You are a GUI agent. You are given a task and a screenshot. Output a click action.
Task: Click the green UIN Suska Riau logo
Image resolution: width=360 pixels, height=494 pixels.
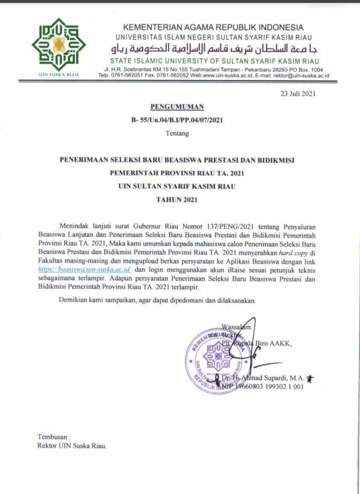58,45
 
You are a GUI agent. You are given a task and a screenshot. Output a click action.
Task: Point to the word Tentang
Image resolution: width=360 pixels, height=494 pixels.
177,133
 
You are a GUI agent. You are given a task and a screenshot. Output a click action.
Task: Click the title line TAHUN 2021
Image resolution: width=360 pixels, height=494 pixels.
177,200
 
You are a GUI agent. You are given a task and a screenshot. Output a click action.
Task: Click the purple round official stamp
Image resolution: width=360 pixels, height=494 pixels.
216,360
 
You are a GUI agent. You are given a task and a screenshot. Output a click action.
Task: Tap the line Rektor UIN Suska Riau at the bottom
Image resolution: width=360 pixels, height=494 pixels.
72,446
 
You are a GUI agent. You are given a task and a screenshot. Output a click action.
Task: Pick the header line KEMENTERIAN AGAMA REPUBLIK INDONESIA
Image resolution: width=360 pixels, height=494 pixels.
213,27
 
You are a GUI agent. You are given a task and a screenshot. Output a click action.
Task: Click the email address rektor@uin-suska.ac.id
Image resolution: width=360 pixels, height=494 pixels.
303,75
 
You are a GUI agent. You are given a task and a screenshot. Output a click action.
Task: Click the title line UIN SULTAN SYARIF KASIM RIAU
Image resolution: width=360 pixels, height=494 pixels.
177,186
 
